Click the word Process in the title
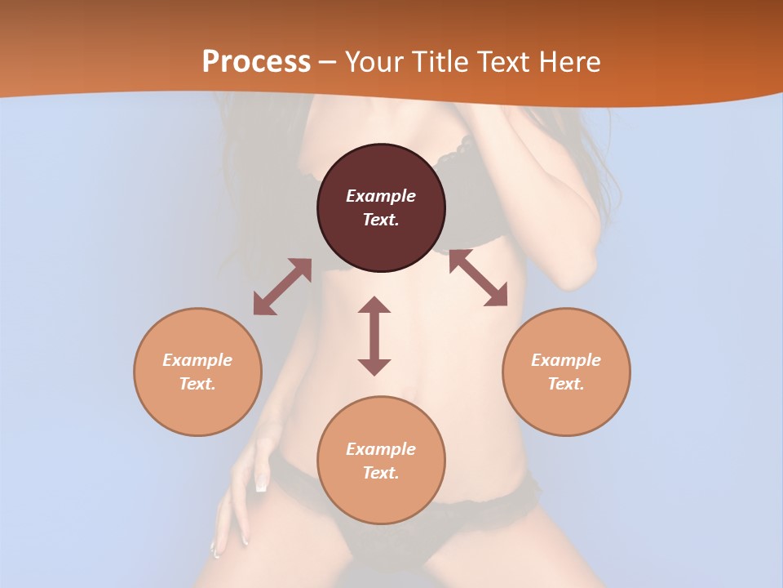pos(256,62)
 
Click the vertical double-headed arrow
pos(374,336)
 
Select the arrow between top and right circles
pos(478,278)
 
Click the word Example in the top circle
pos(381,196)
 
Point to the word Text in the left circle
pos(197,384)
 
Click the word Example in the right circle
pos(566,360)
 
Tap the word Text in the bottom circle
pos(381,473)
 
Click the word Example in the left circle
pos(197,360)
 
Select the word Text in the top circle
pos(381,220)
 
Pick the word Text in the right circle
pos(566,384)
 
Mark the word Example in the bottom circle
pos(381,449)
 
